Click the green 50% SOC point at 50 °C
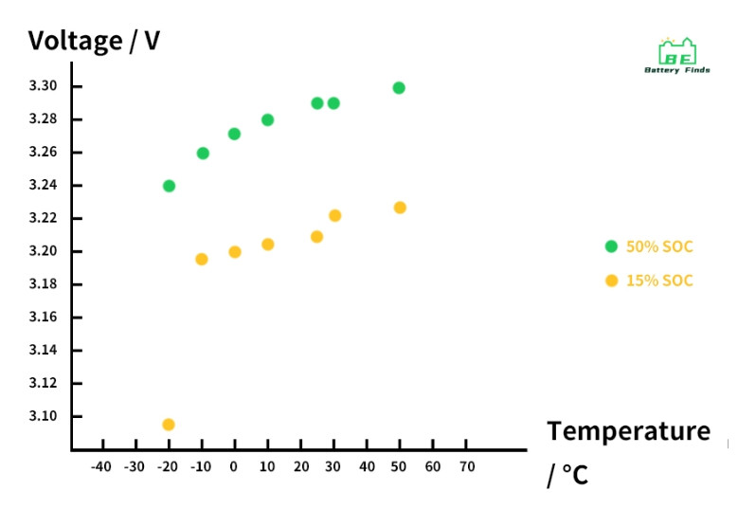399,88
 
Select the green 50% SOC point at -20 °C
169,186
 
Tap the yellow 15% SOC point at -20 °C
169,425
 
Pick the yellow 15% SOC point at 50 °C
400,208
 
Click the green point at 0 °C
234,134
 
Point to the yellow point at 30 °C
334,216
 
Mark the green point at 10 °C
268,120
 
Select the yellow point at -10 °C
202,259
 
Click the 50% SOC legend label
659,247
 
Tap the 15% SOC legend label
659,281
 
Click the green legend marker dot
611,246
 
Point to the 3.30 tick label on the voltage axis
44,86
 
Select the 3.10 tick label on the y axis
44,416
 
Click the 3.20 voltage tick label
44,251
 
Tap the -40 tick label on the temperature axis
100,466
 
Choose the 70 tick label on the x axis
466,466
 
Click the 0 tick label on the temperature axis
234,466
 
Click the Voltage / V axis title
94,41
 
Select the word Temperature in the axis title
628,431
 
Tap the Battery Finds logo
677,56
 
